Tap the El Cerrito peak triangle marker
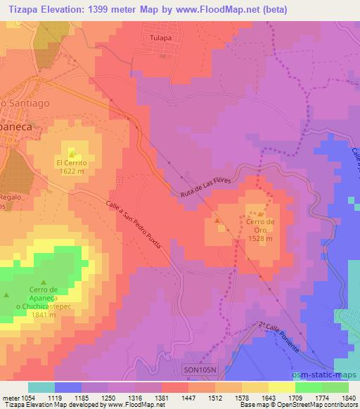point(72,153)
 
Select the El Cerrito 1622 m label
point(72,166)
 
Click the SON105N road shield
point(204,369)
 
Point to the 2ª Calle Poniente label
point(280,337)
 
